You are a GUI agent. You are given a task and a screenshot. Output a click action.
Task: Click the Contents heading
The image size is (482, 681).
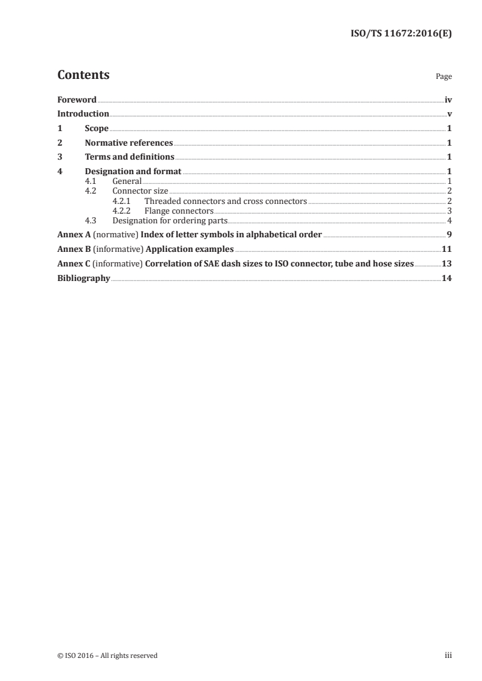(83, 75)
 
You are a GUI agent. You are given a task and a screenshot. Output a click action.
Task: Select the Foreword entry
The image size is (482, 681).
(77, 100)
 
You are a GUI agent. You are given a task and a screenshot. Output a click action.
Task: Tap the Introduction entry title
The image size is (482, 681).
(83, 113)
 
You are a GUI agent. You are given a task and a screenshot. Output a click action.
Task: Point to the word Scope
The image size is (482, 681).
(97, 129)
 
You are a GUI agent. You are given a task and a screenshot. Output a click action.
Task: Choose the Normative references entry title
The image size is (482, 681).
(129, 143)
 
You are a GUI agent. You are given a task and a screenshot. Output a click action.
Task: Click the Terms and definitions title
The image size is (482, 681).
(129, 157)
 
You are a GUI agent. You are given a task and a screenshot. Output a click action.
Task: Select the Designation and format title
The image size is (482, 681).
(133, 172)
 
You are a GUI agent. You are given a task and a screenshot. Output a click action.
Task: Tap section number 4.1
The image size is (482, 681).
(91, 181)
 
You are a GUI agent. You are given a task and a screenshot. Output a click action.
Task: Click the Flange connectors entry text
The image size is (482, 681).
(179, 211)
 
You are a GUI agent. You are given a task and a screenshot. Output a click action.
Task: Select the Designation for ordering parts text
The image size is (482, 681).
(170, 220)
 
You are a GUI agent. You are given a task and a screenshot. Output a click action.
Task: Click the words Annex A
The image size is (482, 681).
(72, 234)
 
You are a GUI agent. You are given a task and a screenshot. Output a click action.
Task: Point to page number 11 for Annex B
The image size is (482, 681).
(447, 249)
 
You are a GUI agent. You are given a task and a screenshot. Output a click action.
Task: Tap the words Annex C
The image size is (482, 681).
(72, 263)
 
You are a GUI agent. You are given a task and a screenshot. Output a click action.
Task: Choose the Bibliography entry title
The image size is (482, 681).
(84, 278)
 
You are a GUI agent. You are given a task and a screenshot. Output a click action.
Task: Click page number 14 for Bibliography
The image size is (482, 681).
(447, 278)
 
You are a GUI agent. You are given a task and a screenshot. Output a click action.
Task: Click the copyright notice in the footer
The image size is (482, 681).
(108, 656)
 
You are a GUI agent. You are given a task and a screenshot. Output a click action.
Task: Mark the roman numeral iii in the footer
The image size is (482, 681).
(449, 656)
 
